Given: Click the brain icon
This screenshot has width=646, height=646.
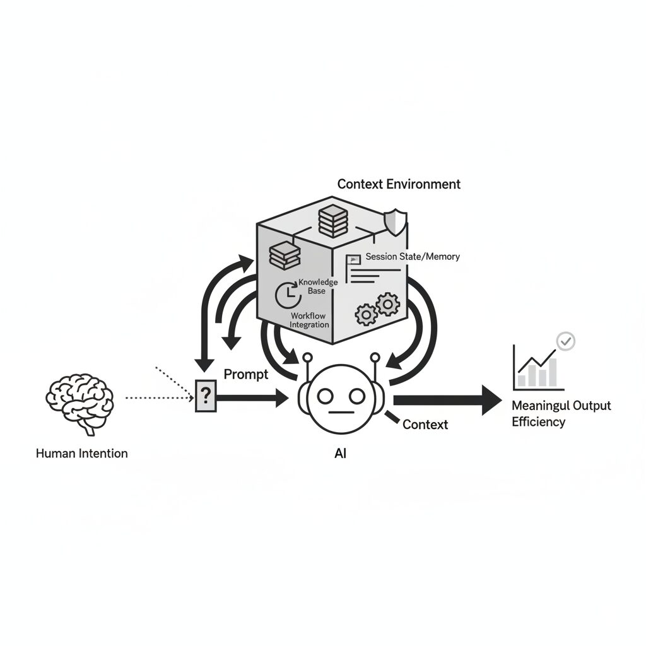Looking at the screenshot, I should [79, 402].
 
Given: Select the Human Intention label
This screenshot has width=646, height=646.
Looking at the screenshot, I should [81, 453].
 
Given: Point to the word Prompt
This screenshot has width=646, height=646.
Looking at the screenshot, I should [246, 374].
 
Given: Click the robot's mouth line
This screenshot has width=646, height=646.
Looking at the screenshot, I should [341, 413].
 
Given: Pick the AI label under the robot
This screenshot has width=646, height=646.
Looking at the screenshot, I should [341, 452].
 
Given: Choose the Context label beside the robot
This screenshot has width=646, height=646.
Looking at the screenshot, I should [425, 424].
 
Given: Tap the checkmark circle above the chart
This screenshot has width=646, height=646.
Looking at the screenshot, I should [567, 341].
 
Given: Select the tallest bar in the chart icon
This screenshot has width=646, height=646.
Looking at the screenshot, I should [552, 372].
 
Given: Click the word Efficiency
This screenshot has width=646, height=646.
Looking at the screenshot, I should [538, 421].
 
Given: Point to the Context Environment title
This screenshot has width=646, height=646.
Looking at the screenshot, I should [399, 184].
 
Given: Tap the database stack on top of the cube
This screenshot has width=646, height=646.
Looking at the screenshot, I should [333, 221].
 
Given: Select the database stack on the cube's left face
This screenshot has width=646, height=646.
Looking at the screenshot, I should [284, 255].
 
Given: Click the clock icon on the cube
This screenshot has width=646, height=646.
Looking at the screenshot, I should [287, 295].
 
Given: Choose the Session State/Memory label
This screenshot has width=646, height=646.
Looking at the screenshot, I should [413, 257].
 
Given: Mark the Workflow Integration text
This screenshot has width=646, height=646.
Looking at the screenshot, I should [309, 320].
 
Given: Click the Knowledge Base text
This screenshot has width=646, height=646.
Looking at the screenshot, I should [317, 286].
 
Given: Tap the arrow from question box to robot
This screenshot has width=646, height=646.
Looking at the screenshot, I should [252, 398].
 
